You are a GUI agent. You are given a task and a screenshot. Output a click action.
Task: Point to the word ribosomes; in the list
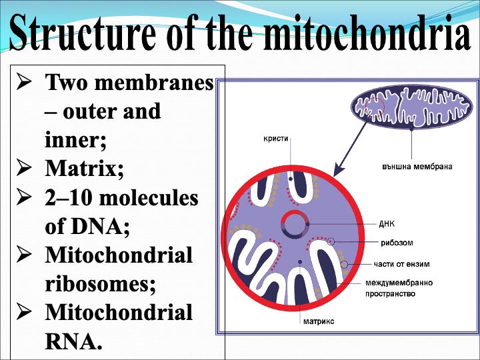(101, 284)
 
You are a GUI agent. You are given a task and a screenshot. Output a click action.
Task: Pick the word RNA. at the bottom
(73, 341)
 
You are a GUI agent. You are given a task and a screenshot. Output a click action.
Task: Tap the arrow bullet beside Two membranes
(25, 83)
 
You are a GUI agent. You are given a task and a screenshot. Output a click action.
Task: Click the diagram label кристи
(276, 139)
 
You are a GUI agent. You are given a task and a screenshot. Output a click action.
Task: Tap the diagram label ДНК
(387, 224)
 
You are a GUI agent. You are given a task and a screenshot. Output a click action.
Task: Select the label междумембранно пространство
(399, 287)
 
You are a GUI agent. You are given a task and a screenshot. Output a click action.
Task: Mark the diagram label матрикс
(319, 321)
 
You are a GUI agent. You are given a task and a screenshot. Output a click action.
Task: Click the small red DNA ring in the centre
(294, 225)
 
